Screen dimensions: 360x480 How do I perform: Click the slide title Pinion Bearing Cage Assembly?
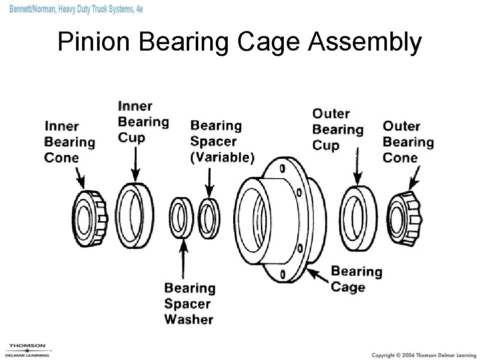(239, 42)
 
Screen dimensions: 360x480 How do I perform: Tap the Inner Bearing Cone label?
(69, 142)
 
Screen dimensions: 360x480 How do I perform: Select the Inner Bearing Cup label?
(143, 122)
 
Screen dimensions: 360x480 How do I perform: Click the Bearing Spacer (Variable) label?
(222, 142)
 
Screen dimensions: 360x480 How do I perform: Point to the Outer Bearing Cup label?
(337, 130)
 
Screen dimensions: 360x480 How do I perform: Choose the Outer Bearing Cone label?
(407, 142)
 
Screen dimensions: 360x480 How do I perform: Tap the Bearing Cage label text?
(356, 279)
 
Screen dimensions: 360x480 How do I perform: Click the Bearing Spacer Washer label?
(189, 303)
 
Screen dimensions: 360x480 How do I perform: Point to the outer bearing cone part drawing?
(405, 219)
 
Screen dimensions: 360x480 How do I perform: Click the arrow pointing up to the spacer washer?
(184, 260)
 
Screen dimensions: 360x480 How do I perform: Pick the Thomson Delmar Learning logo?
(28, 350)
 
